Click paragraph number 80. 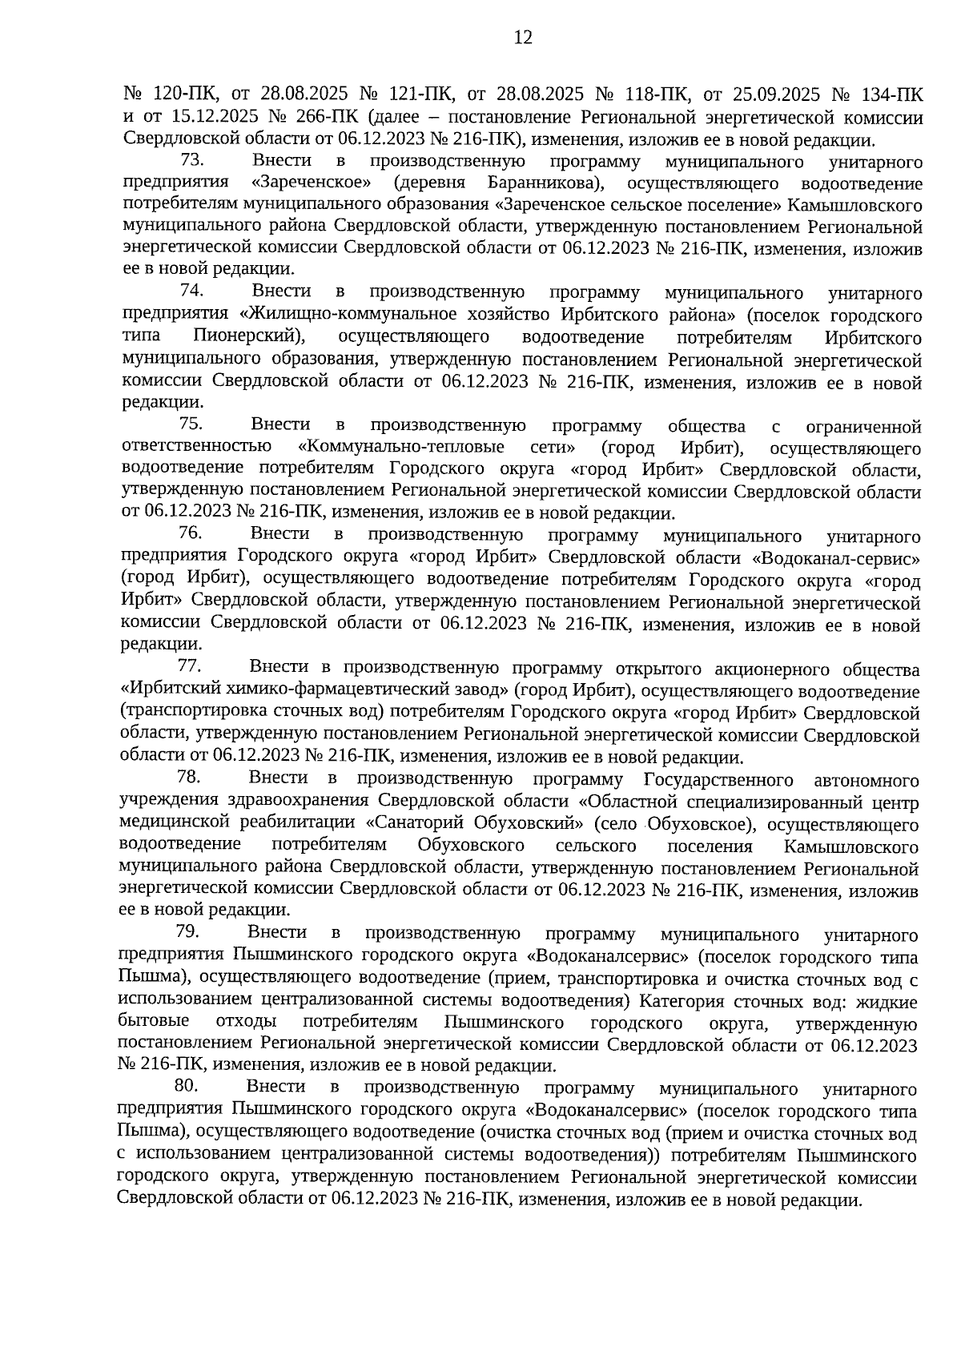tap(186, 1087)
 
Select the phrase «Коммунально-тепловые tap(400, 447)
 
